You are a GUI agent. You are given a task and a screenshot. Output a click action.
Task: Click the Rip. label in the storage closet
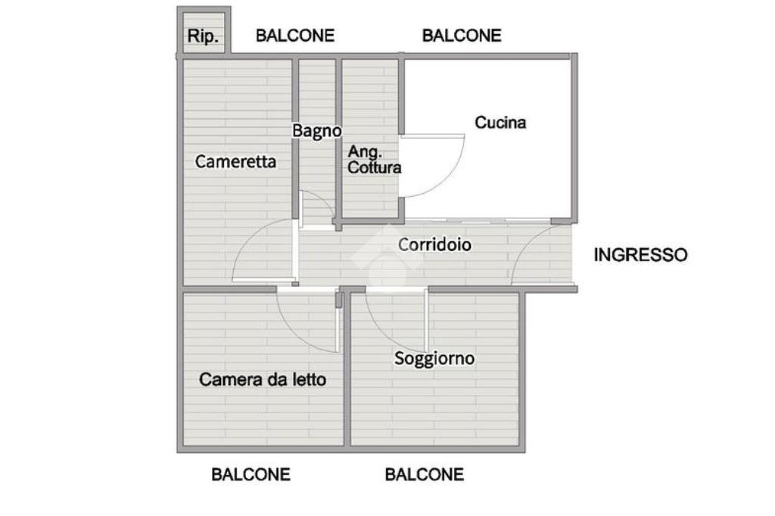(203, 36)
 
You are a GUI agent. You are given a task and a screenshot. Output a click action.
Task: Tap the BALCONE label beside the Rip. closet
(295, 36)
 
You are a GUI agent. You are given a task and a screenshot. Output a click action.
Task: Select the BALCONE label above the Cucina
(462, 36)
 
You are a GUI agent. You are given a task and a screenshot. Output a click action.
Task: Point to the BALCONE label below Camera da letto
(251, 474)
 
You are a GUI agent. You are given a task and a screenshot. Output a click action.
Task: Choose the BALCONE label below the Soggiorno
(425, 474)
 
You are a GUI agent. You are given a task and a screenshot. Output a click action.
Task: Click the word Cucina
(500, 122)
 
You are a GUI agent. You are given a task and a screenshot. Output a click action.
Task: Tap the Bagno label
(317, 131)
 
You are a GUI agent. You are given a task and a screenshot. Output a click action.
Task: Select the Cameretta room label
(235, 161)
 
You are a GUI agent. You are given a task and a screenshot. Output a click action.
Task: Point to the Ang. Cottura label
(374, 160)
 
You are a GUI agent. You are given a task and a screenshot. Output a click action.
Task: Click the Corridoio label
(435, 245)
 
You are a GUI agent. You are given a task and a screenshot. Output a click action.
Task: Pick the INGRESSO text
(641, 254)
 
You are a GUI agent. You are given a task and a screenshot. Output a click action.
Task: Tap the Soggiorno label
(434, 358)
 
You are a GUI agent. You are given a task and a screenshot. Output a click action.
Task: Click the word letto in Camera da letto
(310, 379)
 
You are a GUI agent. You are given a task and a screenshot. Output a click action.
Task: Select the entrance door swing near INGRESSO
(534, 253)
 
